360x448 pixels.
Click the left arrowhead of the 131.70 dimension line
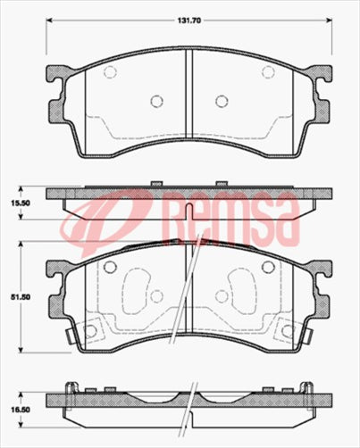pyautogui.click(x=49, y=20)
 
